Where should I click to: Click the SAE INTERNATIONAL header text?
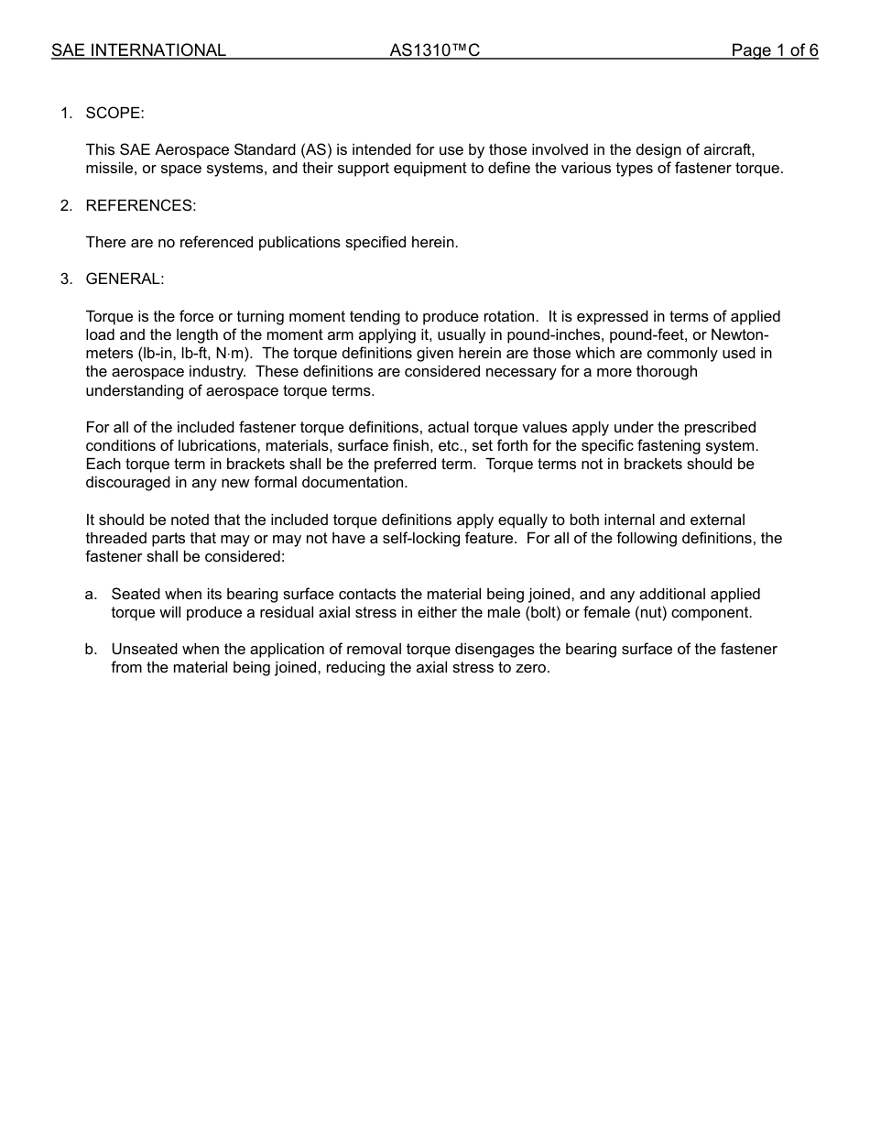point(138,50)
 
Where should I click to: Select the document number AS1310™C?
point(434,50)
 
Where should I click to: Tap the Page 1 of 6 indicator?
point(774,50)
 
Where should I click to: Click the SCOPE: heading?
point(114,113)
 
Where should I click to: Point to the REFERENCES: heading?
point(140,205)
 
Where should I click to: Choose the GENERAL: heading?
point(125,279)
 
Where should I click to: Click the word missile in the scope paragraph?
point(109,169)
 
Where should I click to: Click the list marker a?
point(91,595)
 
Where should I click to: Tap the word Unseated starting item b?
point(144,650)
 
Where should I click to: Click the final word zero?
point(533,668)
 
